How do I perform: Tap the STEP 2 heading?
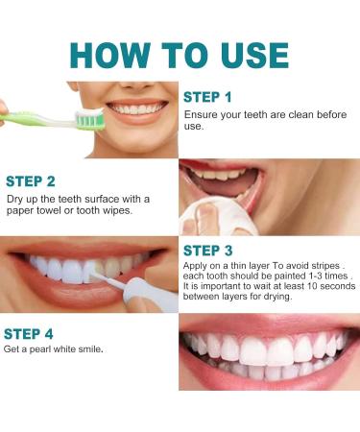[x=31, y=180]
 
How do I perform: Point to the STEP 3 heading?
[x=207, y=252]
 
